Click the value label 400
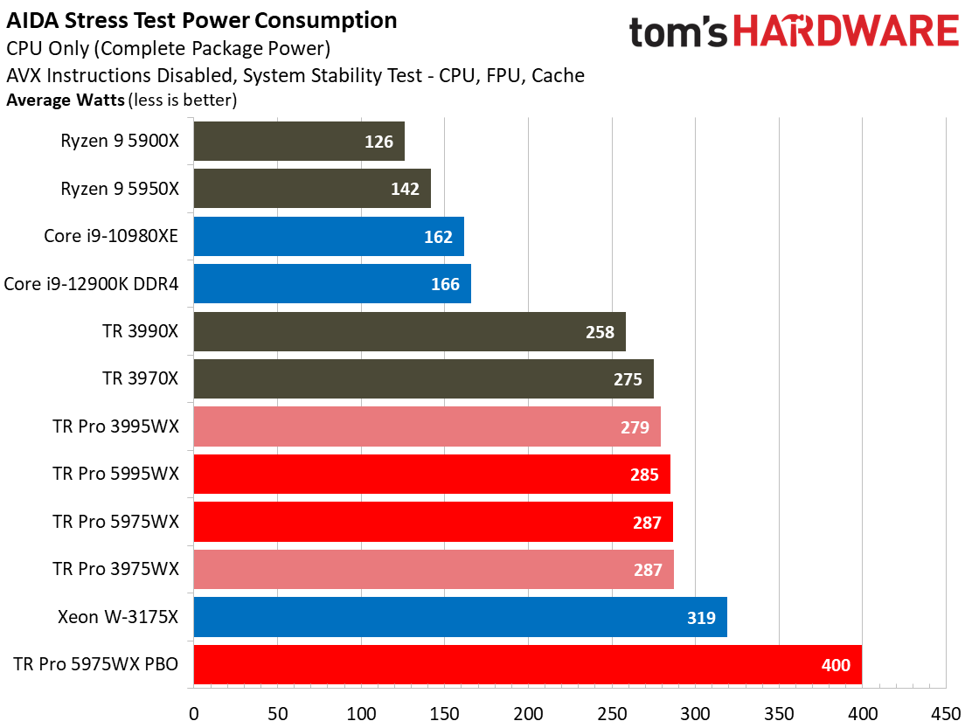pos(836,666)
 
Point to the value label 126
pos(378,142)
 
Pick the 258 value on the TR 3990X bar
pos(600,332)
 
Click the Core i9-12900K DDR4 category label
pos(91,284)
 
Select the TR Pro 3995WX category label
pos(115,426)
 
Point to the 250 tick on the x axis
pos(612,712)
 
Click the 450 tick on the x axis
pos(946,712)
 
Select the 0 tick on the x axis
pos(193,712)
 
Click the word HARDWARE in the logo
pos(846,33)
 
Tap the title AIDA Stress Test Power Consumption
pos(202,20)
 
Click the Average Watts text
pos(66,100)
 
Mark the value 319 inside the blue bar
pos(701,618)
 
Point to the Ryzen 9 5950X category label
pos(120,189)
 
